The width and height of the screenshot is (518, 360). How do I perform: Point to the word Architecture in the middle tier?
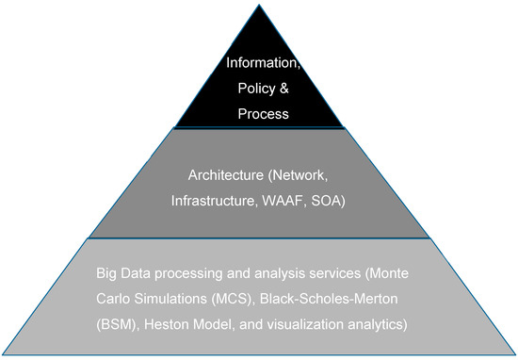(x=225, y=174)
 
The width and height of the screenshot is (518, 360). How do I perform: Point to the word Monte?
(x=402, y=274)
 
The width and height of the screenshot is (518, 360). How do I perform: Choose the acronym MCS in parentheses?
(x=238, y=299)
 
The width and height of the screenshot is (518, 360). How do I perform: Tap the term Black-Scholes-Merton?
(x=340, y=299)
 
